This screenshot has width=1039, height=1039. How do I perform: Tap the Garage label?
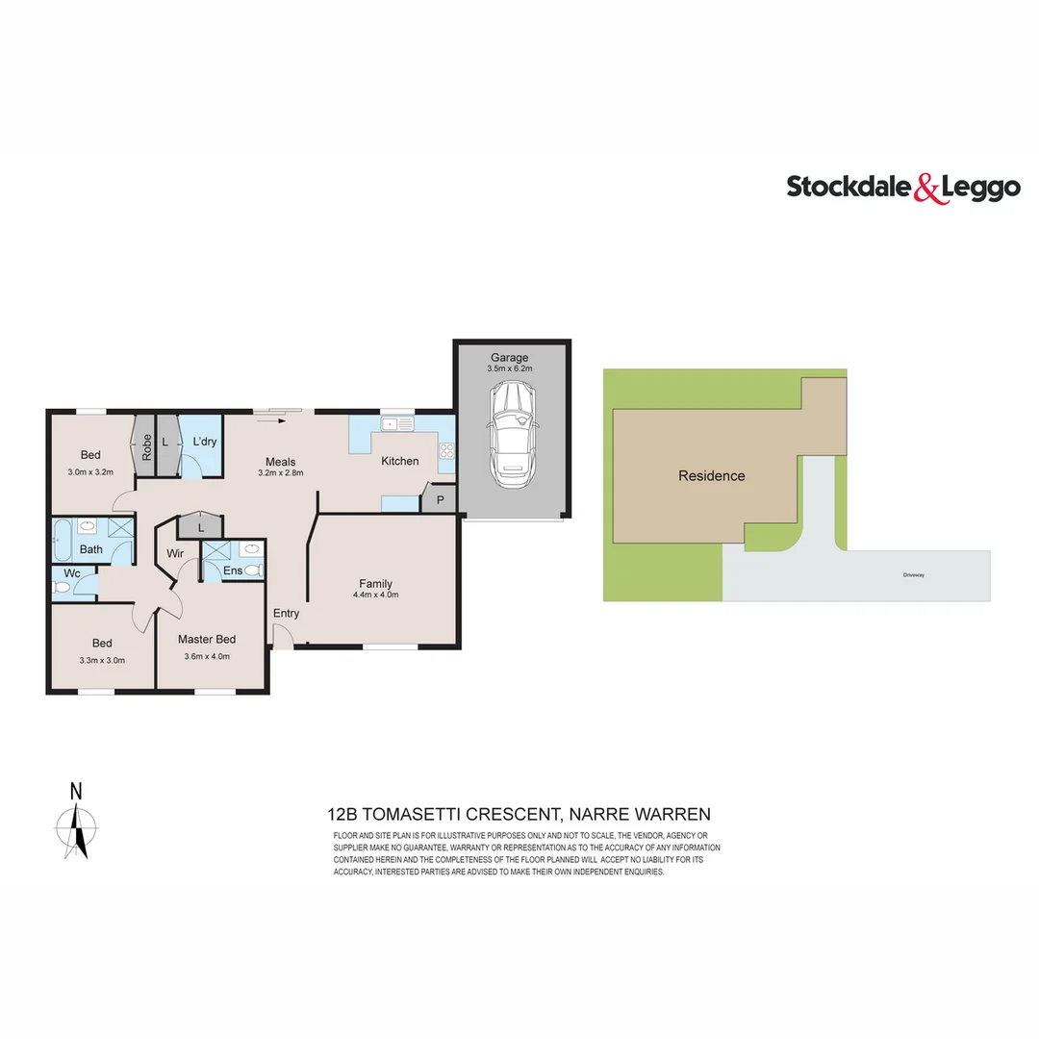[509, 358]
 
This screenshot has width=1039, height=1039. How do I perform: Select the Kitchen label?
[400, 461]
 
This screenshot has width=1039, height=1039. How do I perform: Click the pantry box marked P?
[440, 500]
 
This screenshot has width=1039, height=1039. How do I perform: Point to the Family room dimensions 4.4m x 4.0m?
[375, 596]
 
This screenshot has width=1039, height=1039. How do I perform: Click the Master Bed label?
[207, 639]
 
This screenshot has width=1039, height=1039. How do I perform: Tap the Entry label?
[286, 614]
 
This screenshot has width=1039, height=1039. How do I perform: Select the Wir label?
[176, 554]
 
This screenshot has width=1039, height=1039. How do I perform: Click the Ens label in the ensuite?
[232, 571]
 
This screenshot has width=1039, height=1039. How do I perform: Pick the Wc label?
[71, 574]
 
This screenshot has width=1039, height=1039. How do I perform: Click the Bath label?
[91, 550]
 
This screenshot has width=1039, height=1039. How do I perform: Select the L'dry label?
[204, 442]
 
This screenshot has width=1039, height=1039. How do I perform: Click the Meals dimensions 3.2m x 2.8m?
[281, 473]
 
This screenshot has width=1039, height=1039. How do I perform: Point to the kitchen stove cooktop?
[446, 449]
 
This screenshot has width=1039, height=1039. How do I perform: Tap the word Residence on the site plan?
[711, 476]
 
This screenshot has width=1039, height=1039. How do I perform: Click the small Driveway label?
[913, 574]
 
